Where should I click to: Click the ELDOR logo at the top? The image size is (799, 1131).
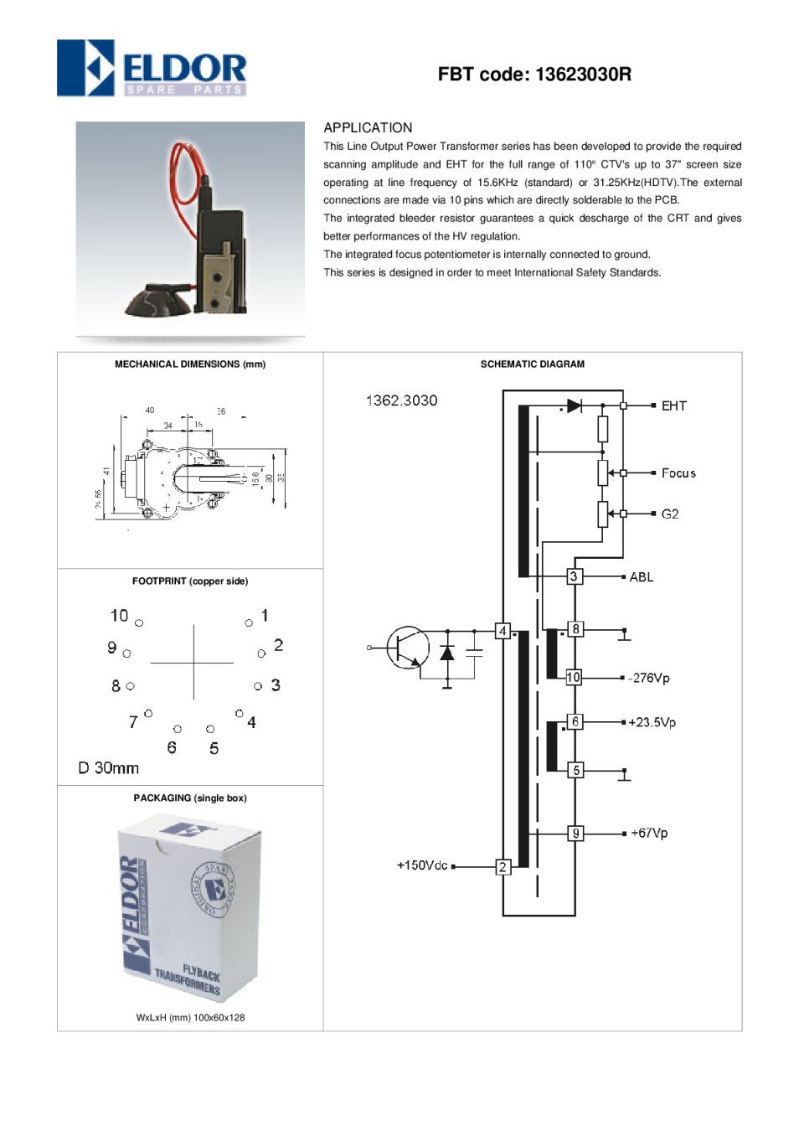[x=152, y=68]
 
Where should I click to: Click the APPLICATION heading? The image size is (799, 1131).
[x=368, y=128]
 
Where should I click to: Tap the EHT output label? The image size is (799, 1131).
[x=673, y=406]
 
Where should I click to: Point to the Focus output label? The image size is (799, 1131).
[x=678, y=473]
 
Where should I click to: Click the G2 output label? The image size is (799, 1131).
[x=670, y=514]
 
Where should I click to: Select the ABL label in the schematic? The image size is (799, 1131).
[x=641, y=577]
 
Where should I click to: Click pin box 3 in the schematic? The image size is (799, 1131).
[x=574, y=576]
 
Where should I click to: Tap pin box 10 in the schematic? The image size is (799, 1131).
[x=574, y=677]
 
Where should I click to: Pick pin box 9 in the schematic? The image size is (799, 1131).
[x=575, y=833]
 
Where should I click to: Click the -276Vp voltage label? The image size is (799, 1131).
[x=649, y=678]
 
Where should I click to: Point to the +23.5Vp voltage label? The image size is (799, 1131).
[x=652, y=722]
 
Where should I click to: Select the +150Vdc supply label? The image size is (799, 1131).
[x=422, y=865]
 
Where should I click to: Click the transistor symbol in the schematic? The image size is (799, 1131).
[x=408, y=648]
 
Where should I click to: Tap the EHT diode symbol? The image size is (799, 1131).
[x=574, y=405]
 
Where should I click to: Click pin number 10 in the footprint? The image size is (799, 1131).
[x=119, y=616]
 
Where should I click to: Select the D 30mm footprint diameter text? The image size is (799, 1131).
[x=109, y=767]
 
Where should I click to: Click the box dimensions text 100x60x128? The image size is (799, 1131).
[x=219, y=1017]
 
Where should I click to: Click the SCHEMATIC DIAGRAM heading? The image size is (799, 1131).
[x=533, y=364]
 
